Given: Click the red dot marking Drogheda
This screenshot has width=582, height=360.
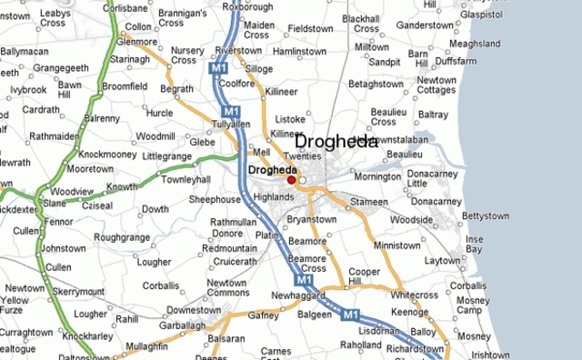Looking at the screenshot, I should point(291,180).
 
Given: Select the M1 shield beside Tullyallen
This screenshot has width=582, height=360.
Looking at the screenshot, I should point(233,111).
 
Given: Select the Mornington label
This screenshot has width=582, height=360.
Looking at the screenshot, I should point(376,176).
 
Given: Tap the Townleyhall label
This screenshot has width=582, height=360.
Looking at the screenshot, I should point(186,180).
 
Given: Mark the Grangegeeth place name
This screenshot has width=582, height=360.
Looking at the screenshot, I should point(61,67).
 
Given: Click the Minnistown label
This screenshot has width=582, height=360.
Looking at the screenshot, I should point(396,245).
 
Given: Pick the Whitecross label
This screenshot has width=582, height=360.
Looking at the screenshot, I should point(414,295).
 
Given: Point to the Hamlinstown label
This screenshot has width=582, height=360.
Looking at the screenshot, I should point(299,52).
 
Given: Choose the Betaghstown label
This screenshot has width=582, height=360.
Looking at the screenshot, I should point(376,84).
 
